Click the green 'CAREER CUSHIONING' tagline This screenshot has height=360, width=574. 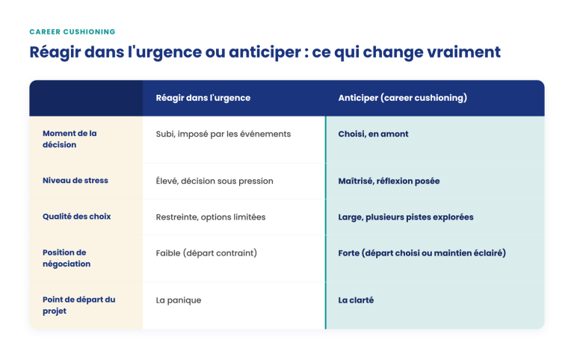(72, 32)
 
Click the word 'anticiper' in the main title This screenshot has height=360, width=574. (265, 52)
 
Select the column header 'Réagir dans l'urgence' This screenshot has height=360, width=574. (203, 98)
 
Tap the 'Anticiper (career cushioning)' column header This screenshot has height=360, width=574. (403, 98)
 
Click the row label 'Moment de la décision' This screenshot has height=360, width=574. (70, 139)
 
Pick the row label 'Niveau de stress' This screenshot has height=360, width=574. (75, 180)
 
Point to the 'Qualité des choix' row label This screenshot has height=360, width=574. (76, 216)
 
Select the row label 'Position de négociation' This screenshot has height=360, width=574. (67, 258)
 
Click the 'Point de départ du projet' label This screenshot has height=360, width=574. (78, 305)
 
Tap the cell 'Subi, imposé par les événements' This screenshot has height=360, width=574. (223, 134)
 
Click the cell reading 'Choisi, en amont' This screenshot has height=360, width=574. (373, 134)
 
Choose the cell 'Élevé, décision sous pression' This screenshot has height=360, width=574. (215, 181)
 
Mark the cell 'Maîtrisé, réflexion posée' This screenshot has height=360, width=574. (389, 181)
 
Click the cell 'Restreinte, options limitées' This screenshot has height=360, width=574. (211, 217)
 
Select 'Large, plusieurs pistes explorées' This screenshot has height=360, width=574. (406, 217)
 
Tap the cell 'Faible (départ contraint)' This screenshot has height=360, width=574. (206, 253)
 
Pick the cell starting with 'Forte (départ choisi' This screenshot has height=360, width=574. (422, 253)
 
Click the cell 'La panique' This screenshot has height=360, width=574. (179, 300)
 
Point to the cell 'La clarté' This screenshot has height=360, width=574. (356, 300)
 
